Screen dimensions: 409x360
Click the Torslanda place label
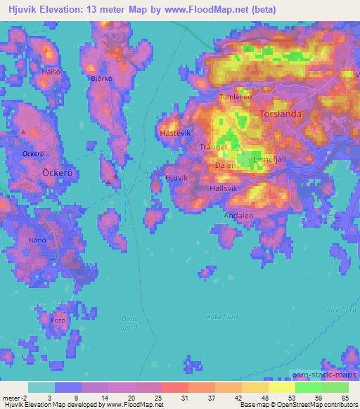point(281,113)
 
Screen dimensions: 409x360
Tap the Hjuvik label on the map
point(176,178)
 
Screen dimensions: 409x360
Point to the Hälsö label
point(49,71)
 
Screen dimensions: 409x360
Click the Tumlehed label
point(235,98)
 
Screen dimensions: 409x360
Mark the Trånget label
point(213,147)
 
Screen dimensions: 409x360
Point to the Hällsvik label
point(226,188)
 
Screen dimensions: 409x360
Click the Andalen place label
point(238,216)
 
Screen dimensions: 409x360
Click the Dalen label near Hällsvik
point(225,166)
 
